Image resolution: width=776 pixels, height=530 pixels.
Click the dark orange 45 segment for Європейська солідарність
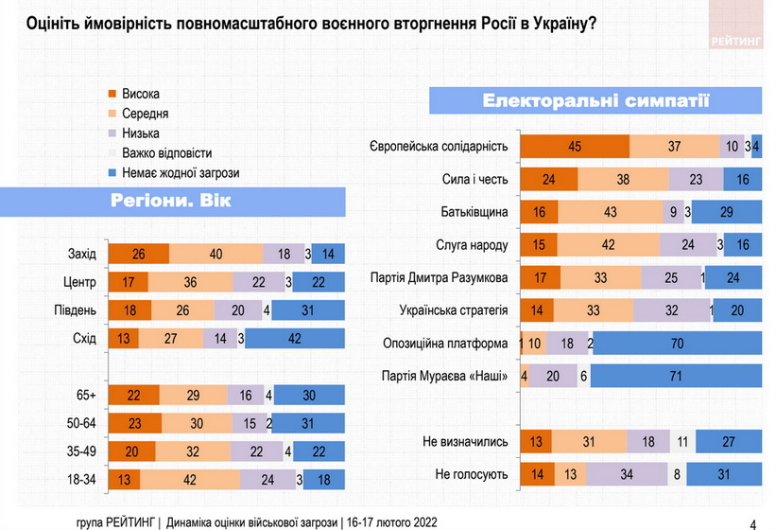pyautogui.click(x=575, y=146)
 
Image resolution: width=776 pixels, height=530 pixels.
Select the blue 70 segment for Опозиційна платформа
pyautogui.click(x=677, y=344)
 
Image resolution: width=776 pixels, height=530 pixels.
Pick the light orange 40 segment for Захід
pyautogui.click(x=216, y=253)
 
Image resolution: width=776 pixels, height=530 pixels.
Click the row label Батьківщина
pyautogui.click(x=474, y=211)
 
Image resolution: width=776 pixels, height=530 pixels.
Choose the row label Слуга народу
pyautogui.click(x=474, y=244)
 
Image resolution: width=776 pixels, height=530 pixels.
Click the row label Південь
pyautogui.click(x=75, y=309)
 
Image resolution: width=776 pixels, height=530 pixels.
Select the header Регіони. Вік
pyautogui.click(x=170, y=201)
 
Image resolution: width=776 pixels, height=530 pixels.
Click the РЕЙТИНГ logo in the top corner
pyautogui.click(x=735, y=41)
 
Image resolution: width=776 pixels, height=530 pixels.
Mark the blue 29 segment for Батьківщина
pyautogui.click(x=729, y=212)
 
